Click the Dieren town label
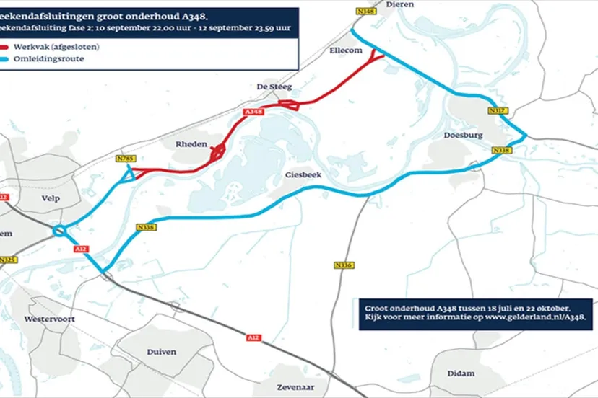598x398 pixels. coord(400,4)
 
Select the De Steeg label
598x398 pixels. coord(274,87)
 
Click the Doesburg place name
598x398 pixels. coord(462,135)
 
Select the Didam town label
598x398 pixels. coord(461,373)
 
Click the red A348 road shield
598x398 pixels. coord(253,112)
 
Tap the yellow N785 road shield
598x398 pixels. coord(126,158)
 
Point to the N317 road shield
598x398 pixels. coord(498,110)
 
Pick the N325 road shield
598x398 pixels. coord(8,260)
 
